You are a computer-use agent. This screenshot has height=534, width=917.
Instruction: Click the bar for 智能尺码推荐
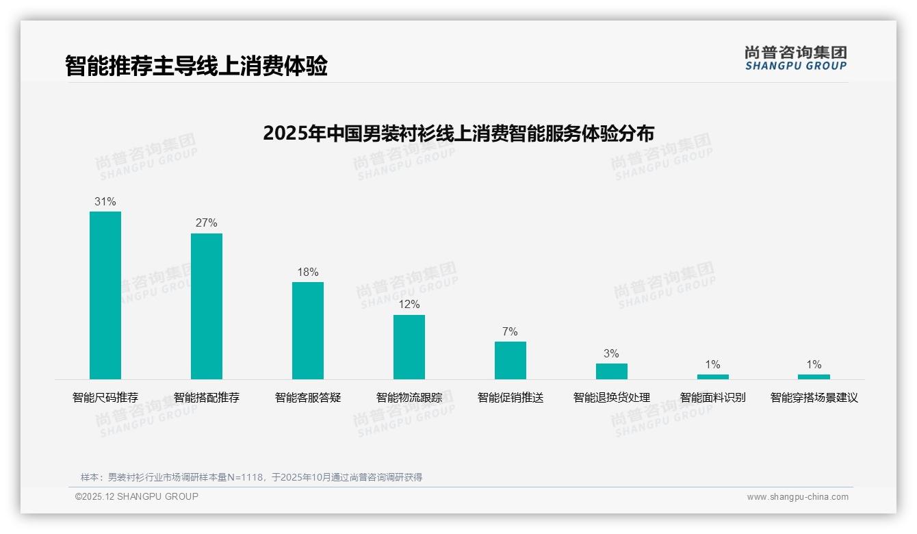(x=105, y=295)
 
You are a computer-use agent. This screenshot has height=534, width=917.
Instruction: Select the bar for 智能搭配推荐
(x=207, y=306)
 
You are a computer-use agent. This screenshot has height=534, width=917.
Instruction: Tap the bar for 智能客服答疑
(x=308, y=331)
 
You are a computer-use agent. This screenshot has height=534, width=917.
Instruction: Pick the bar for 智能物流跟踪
(x=409, y=347)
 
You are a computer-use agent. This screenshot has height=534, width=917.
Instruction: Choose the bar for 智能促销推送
(x=511, y=360)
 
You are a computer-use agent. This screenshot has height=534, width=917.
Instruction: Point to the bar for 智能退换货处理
(x=611, y=371)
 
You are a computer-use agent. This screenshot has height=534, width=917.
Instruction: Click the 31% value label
(x=105, y=202)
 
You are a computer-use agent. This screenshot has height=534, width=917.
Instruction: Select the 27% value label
(x=207, y=223)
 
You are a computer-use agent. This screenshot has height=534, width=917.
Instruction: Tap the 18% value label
(x=308, y=272)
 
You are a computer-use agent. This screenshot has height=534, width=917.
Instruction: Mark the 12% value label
(x=409, y=305)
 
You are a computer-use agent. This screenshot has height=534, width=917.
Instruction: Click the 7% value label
(x=511, y=332)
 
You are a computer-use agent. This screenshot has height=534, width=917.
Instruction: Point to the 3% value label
(x=611, y=354)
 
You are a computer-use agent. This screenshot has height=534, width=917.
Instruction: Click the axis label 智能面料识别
(x=712, y=397)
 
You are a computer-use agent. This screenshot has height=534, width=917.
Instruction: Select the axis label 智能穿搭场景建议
(x=814, y=397)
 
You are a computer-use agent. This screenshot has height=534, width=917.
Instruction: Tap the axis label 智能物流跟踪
(x=409, y=397)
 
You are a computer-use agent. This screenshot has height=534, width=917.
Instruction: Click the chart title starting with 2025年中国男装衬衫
(x=458, y=133)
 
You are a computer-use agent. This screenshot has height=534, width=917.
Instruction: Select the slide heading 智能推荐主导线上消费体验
(x=196, y=66)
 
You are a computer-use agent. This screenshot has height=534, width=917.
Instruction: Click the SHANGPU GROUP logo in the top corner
(x=795, y=58)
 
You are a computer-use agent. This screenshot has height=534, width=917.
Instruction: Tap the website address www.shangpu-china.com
(x=797, y=497)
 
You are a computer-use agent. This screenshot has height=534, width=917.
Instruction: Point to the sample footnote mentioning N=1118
(x=251, y=477)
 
